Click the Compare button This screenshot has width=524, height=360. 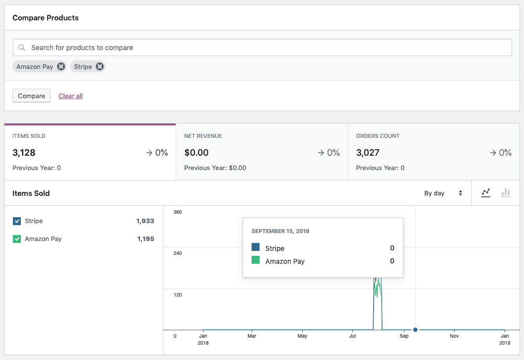pyautogui.click(x=31, y=96)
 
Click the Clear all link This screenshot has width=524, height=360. pyautogui.click(x=70, y=96)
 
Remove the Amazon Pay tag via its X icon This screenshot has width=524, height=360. pyautogui.click(x=61, y=66)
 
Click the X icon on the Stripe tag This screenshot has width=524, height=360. pyautogui.click(x=100, y=66)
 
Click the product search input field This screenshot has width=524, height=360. pyautogui.click(x=268, y=48)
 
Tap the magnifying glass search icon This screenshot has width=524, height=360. pyautogui.click(x=22, y=48)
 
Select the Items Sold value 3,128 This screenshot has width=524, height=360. pyautogui.click(x=24, y=153)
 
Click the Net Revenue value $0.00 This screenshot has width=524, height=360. pyautogui.click(x=196, y=153)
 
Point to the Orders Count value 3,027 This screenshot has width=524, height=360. pyautogui.click(x=368, y=153)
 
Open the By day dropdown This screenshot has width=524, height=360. pyautogui.click(x=443, y=193)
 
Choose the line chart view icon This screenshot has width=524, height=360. pyautogui.click(x=486, y=193)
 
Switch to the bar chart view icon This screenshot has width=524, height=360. pyautogui.click(x=506, y=193)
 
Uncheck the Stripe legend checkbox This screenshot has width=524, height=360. pyautogui.click(x=17, y=221)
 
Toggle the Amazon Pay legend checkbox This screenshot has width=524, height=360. pyautogui.click(x=17, y=239)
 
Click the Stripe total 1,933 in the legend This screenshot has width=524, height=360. pyautogui.click(x=145, y=221)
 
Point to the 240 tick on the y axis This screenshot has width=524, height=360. pyautogui.click(x=177, y=253)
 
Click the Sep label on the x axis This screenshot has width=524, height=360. pyautogui.click(x=404, y=336)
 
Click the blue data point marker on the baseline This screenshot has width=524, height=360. pyautogui.click(x=415, y=330)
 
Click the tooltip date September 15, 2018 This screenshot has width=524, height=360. pyautogui.click(x=280, y=231)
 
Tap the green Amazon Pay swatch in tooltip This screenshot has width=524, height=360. pyautogui.click(x=256, y=260)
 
